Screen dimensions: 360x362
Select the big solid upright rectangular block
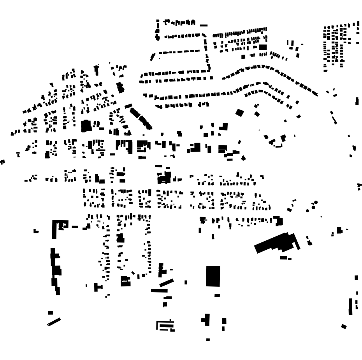pyautogui.click(x=213, y=276)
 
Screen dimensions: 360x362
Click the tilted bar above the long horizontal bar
pyautogui.click(x=166, y=282)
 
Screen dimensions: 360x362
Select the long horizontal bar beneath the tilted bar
pyautogui.click(x=159, y=290)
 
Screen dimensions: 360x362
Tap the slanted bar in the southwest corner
pyautogui.click(x=54, y=322)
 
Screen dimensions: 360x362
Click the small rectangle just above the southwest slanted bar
pyautogui.click(x=50, y=312)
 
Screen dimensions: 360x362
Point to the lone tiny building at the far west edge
pyautogui.click(x=3, y=161)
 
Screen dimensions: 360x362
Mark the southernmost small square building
pyautogui.click(x=208, y=340)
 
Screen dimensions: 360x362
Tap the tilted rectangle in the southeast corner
pyautogui.click(x=344, y=326)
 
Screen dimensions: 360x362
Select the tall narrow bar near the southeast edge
pyautogui.click(x=350, y=306)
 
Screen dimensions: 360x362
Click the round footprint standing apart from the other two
pyautogui.click(x=308, y=210)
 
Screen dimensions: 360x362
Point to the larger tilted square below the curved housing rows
pyautogui.click(x=239, y=113)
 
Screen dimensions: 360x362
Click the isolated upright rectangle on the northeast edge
pyautogui.click(x=357, y=101)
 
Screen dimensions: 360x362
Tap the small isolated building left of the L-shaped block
pyautogui.click(x=36, y=231)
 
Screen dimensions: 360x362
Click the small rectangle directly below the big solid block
pyautogui.click(x=217, y=295)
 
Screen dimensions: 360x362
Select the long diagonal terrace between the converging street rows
pyautogui.click(x=141, y=118)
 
